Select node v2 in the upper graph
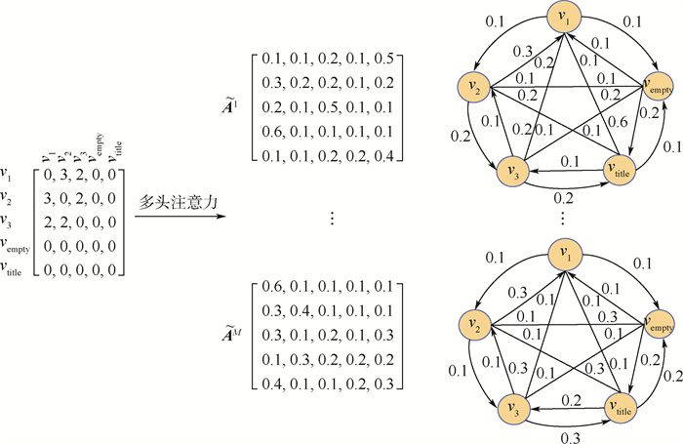click(477, 89)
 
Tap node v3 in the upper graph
click(509, 169)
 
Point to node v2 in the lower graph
click(477, 323)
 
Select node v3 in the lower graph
click(509, 405)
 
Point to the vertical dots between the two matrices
click(332, 220)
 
